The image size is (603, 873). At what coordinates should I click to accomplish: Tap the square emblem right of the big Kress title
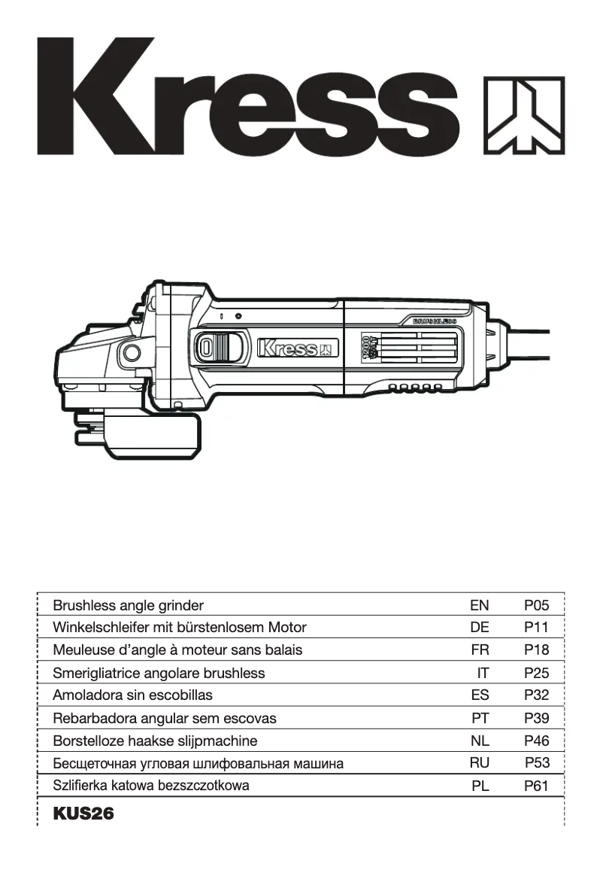tap(523, 114)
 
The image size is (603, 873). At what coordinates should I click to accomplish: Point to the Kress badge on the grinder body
tap(298, 348)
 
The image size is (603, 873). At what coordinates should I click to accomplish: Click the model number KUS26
tap(83, 814)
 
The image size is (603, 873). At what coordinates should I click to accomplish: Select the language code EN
tap(479, 605)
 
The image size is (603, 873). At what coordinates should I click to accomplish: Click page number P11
tap(537, 628)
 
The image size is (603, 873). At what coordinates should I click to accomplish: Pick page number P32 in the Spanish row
tap(537, 695)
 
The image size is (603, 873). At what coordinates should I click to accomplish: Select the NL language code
tap(480, 741)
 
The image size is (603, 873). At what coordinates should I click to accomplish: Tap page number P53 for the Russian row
tap(538, 763)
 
